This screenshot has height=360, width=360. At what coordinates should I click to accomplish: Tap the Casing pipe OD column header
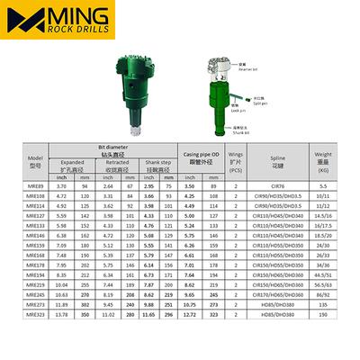click(x=204, y=158)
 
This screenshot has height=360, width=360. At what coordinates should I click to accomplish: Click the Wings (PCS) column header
click(x=236, y=166)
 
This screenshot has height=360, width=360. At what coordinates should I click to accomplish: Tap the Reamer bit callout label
click(x=244, y=67)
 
